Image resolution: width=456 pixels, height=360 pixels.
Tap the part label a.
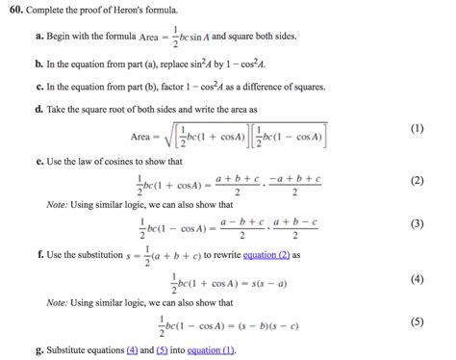[x=38, y=36]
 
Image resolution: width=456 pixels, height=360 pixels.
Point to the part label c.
[x=38, y=86]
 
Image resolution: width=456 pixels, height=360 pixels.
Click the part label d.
[x=38, y=109]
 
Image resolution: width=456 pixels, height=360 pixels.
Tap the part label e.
[x=38, y=160]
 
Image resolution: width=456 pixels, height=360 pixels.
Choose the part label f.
[x=38, y=255]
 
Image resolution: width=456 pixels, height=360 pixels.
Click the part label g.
[x=38, y=349]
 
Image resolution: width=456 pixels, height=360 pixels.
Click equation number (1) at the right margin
[x=417, y=128]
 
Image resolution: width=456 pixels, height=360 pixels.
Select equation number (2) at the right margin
[x=417, y=180]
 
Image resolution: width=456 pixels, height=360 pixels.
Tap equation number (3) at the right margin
[x=417, y=223]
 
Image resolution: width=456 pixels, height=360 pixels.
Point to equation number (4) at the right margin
[x=417, y=279]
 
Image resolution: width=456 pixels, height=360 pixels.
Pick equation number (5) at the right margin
[x=417, y=321]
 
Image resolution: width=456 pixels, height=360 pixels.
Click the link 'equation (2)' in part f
[x=270, y=255]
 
